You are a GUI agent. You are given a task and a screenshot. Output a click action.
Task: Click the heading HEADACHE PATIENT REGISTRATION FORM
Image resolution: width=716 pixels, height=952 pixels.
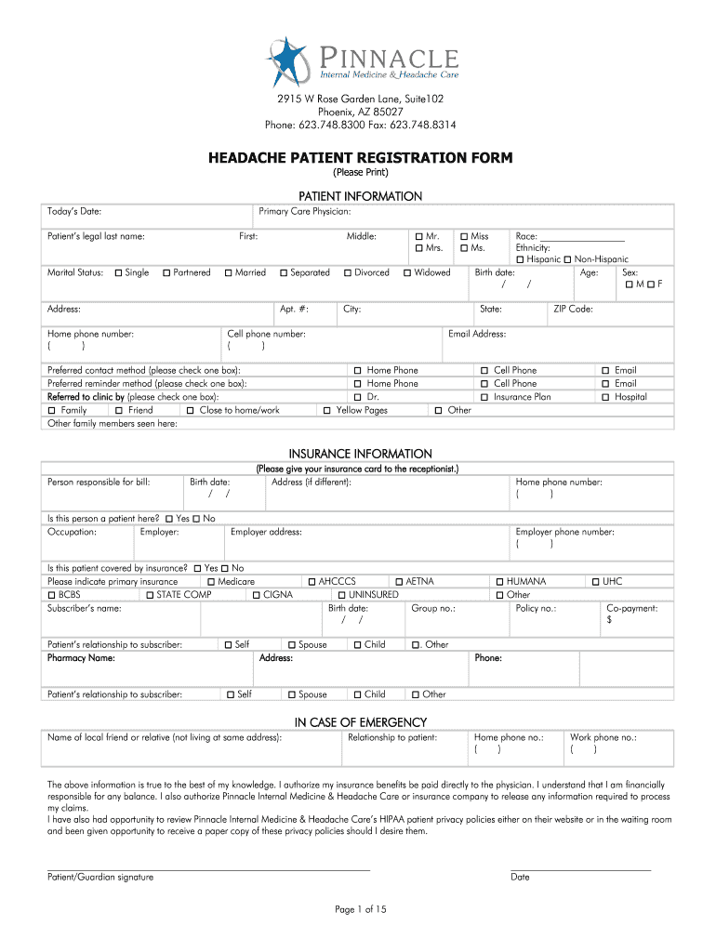coord(360,158)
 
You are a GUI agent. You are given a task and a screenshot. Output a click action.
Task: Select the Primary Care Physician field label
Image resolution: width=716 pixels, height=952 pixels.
coord(304,212)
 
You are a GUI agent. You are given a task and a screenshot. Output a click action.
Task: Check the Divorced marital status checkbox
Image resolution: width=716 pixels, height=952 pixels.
coord(347,273)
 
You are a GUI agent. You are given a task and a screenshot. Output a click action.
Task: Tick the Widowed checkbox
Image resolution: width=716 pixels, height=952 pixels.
coord(407,273)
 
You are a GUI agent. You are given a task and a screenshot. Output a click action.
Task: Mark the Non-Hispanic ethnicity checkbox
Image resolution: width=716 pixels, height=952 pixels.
coord(567,259)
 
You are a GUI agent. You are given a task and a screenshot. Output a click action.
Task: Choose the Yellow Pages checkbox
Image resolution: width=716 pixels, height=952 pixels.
coord(327,410)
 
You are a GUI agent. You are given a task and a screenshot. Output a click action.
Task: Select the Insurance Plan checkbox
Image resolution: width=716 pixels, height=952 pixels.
coord(484,397)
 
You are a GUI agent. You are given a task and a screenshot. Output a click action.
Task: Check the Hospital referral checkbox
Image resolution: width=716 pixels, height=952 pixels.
coord(605,397)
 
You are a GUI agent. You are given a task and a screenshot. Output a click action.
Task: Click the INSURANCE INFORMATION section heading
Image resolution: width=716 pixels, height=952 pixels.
coord(360,454)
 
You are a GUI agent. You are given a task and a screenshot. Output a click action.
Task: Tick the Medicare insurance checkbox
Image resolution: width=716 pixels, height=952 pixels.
coord(211,582)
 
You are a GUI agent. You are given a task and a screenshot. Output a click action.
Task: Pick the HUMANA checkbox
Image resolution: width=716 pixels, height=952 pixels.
coord(498,582)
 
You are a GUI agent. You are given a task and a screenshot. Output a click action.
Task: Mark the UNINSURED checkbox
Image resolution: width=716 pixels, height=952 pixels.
coord(341,595)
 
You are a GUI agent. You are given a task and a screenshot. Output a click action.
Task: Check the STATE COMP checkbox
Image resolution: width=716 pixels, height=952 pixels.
coord(149,595)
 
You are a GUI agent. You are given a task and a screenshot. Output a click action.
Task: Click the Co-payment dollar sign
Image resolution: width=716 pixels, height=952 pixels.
coord(609,620)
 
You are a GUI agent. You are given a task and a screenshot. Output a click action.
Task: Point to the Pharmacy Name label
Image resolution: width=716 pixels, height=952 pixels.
coord(81,658)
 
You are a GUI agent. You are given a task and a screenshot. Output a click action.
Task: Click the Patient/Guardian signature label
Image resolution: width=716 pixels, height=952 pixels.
coord(100,877)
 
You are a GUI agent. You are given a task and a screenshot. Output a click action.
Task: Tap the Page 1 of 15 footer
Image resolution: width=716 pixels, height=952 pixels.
coord(360,909)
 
